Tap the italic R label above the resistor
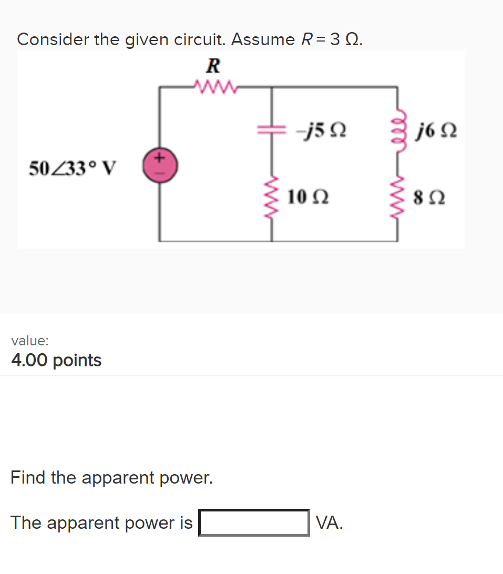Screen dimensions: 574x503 213,66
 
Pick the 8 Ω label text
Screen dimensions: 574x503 430,198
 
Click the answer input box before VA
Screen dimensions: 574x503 254,522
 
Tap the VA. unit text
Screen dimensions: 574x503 330,522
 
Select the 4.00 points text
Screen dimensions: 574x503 56,361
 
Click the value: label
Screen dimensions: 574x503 30,341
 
